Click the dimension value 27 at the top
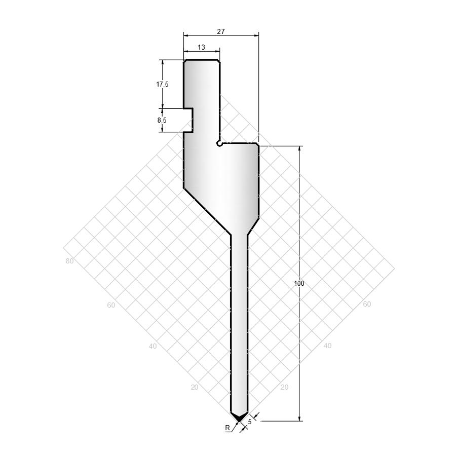(x=221, y=31)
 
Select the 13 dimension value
(x=201, y=47)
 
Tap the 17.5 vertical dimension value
(x=162, y=84)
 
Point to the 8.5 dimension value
(x=162, y=120)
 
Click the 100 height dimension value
(x=299, y=283)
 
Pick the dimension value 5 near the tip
(x=249, y=422)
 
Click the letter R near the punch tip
(x=227, y=428)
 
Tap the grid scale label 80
(x=69, y=261)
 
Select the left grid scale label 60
(x=111, y=305)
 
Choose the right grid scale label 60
(x=367, y=304)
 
